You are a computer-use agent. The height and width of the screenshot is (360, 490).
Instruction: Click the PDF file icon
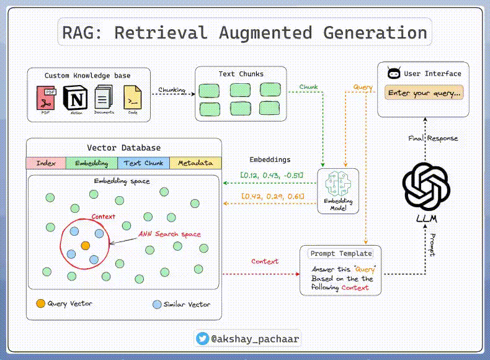tap(45, 97)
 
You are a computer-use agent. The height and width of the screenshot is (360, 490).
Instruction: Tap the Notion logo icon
tap(76, 98)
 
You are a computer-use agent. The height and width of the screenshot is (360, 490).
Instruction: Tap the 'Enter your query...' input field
tap(424, 93)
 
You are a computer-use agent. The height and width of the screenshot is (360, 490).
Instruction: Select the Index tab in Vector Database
tap(46, 163)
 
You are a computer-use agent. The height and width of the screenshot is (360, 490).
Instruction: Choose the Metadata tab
tap(195, 163)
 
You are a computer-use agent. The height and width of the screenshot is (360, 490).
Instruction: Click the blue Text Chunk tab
tap(143, 163)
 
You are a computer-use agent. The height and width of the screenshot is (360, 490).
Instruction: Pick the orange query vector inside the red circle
tap(84, 245)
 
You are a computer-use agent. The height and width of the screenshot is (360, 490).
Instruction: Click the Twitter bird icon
tap(202, 339)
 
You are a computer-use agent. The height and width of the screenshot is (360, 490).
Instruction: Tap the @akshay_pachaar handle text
tap(251, 339)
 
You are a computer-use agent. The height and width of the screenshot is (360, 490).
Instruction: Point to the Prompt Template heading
tap(341, 253)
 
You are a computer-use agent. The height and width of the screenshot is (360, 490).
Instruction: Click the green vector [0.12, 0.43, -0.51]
tap(272, 176)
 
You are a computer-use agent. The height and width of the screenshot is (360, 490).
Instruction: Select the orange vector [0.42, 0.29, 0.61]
tap(272, 197)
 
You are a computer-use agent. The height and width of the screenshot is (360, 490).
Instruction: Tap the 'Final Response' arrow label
tap(434, 138)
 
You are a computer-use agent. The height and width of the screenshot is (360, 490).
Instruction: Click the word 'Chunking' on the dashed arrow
tap(172, 90)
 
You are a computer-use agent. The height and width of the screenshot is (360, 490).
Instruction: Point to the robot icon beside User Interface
tap(393, 73)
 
